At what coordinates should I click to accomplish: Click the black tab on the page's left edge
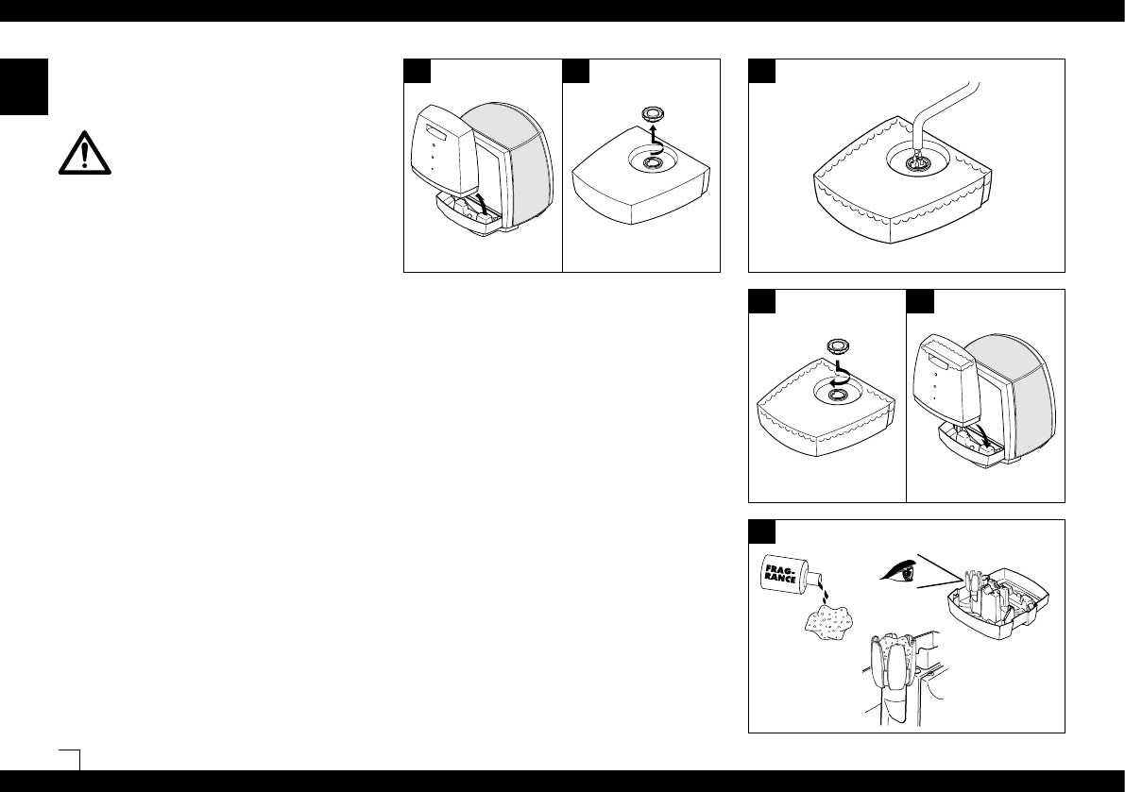pos(24,87)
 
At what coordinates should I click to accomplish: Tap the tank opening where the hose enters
pos(913,162)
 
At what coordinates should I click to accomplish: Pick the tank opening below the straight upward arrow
pos(649,163)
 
